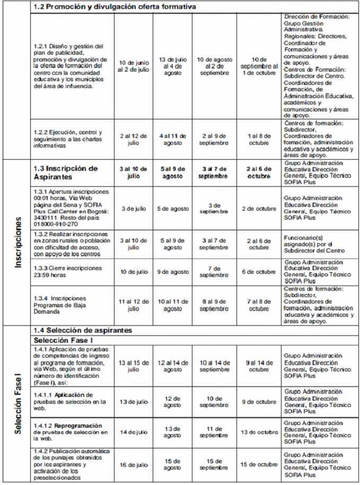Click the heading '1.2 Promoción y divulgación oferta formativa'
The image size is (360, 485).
pyautogui.click(x=115, y=7)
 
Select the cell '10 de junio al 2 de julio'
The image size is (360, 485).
pyautogui.click(x=134, y=65)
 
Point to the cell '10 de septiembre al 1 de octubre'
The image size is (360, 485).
pyautogui.click(x=259, y=66)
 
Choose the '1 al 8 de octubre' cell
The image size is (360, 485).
pyautogui.click(x=259, y=140)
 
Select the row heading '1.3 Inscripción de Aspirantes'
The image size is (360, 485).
pyautogui.click(x=66, y=172)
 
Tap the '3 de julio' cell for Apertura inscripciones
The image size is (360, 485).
pyautogui.click(x=134, y=209)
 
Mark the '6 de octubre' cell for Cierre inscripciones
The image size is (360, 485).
pyautogui.click(x=259, y=272)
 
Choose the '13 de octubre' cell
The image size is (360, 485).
pyautogui.click(x=259, y=432)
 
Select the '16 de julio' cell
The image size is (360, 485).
pyautogui.click(x=134, y=464)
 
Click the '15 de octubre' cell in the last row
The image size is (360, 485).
pyautogui.click(x=259, y=464)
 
